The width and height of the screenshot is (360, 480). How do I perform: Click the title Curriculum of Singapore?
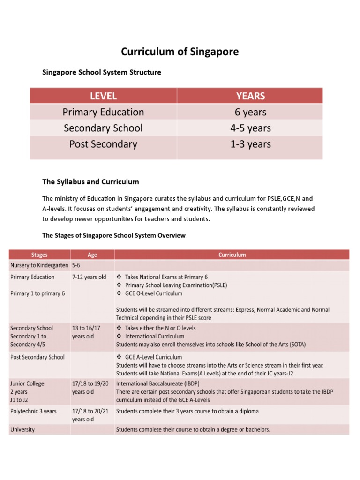180,52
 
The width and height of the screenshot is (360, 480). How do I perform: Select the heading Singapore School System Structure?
102,72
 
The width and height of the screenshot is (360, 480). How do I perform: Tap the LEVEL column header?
103,96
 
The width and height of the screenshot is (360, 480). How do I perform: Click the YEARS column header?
250,96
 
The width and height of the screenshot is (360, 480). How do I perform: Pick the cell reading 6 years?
250,112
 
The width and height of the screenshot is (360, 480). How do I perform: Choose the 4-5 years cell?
250,128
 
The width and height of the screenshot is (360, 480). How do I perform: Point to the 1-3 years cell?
250,144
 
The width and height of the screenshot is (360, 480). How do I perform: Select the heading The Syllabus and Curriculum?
90,181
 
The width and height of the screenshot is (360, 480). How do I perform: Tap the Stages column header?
39,255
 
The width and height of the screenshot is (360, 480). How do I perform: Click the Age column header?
92,255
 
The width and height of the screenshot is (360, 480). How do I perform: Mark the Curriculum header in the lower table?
232,255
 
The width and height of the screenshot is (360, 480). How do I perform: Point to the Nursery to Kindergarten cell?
39,265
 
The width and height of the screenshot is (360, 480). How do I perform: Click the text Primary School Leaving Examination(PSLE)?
176,285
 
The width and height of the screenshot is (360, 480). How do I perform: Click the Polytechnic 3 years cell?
33,411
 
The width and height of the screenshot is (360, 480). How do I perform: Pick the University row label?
22,429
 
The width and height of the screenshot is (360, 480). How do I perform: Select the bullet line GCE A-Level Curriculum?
153,357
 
